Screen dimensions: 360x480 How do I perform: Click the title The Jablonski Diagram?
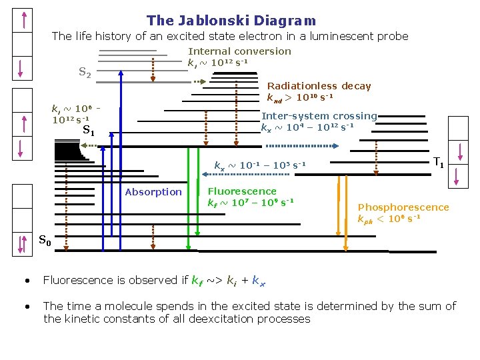(x=231, y=21)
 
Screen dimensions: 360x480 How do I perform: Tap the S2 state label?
(x=85, y=72)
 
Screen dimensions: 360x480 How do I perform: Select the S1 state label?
(x=88, y=131)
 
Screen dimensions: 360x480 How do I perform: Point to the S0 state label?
(x=45, y=241)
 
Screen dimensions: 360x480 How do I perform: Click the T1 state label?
(x=439, y=162)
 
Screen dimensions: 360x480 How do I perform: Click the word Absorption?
(x=153, y=192)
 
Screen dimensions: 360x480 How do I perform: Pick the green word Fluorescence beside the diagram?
(x=242, y=191)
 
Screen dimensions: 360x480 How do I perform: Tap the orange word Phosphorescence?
(x=403, y=207)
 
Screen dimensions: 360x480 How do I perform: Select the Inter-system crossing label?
(x=319, y=116)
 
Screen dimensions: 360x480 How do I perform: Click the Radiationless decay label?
(x=319, y=86)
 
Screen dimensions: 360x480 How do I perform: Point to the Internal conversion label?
(x=240, y=51)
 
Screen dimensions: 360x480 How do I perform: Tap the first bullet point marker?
(x=26, y=281)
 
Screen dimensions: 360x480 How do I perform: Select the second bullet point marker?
(x=26, y=307)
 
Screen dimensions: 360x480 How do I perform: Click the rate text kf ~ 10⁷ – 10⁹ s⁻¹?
(x=251, y=203)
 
